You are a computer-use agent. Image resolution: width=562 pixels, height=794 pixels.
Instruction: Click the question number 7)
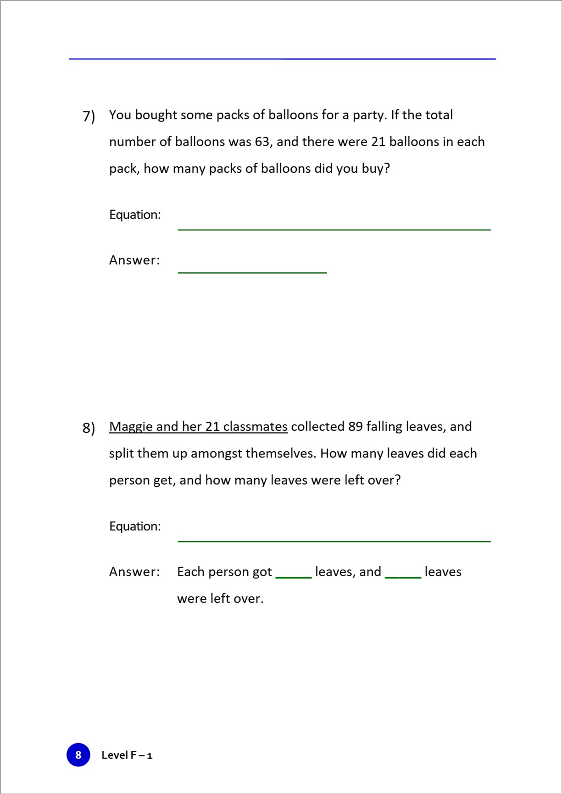89,116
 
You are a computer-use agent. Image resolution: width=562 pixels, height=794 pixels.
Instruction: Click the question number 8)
89,428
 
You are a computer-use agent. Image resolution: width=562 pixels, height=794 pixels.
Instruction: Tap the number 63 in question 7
262,142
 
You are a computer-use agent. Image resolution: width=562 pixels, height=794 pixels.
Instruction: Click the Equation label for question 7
135,215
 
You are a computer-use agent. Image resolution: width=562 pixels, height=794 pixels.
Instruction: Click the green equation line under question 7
334,229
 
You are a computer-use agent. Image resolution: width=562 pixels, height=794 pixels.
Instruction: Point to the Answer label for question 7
134,260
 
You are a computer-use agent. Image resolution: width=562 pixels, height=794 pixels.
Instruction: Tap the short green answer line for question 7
252,272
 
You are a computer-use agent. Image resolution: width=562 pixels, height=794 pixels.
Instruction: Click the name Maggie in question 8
131,427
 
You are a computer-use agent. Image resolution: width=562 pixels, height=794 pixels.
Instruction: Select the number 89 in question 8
356,426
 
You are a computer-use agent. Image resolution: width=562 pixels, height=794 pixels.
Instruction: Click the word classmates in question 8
255,426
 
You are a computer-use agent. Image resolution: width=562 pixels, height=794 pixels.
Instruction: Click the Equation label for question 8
135,526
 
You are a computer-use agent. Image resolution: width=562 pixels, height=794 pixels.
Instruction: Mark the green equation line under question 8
334,541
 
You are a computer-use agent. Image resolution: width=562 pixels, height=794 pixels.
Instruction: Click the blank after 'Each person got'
293,577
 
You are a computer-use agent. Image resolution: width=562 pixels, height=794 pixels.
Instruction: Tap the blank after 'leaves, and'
403,577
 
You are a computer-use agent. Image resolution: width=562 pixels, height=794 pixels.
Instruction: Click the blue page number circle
78,755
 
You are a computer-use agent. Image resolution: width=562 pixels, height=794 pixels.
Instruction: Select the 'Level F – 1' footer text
127,755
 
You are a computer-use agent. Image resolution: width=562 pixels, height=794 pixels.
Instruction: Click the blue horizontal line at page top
282,59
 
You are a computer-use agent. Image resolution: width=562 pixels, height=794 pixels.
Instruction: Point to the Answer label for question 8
134,572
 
